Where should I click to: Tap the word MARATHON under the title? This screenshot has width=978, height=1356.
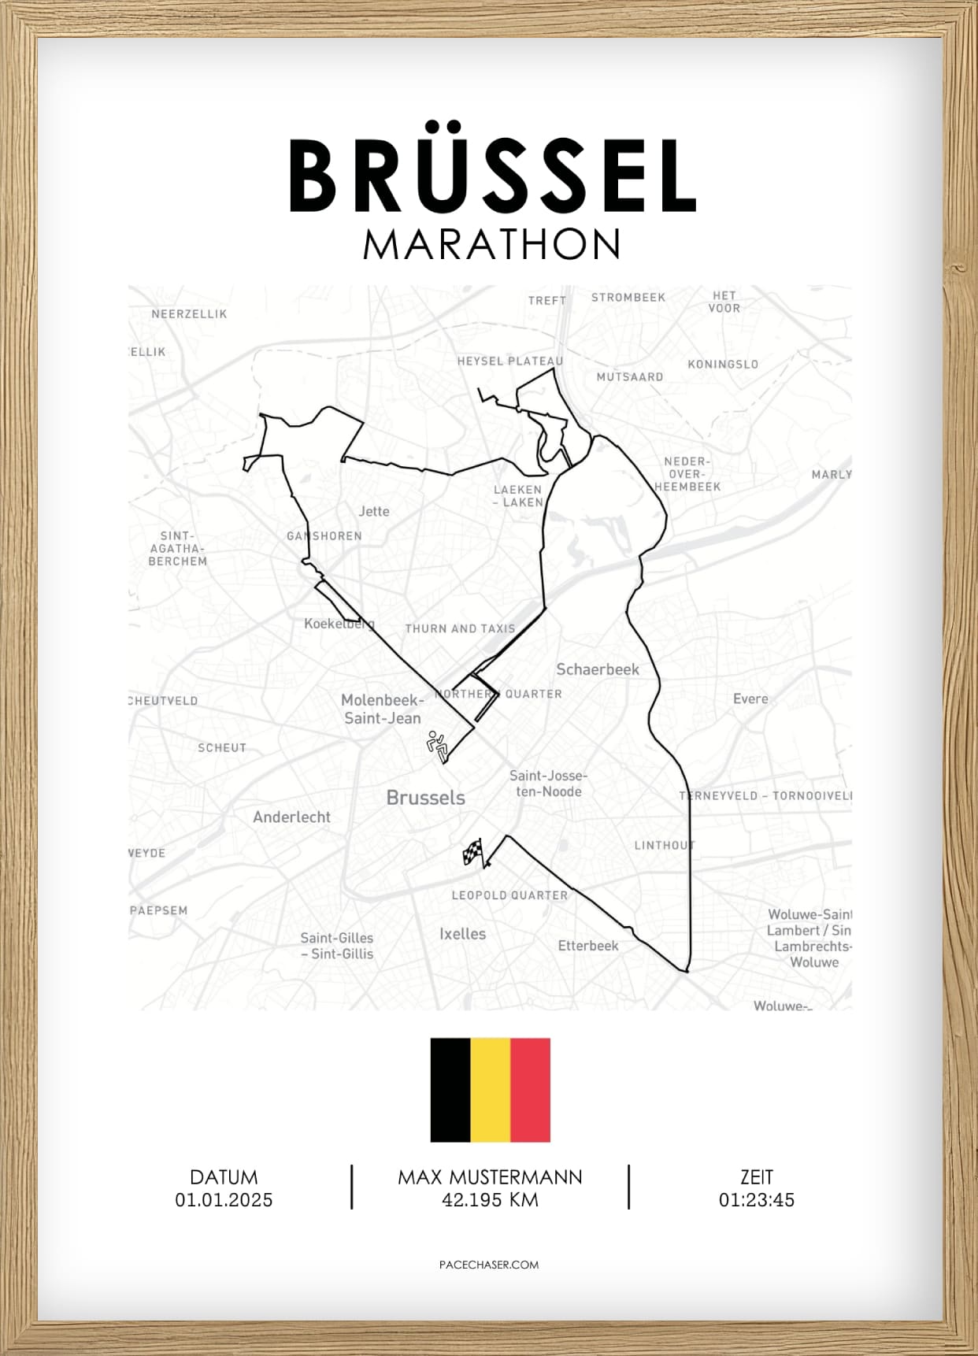point(492,245)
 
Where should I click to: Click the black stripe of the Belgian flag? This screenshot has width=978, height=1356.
point(450,1090)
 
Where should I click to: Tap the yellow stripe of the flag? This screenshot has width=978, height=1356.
point(490,1090)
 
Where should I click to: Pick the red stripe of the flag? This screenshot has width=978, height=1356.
point(530,1090)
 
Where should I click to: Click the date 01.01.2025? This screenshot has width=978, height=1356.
point(224,1200)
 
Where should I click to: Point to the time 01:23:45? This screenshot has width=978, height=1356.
point(756,1200)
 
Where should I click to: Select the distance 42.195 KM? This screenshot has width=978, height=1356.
point(490,1200)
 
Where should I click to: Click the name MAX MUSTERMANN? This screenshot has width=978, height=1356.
point(490,1177)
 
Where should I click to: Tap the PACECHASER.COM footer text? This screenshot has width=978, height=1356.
point(489,1265)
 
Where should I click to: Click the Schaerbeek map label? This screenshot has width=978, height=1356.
point(598,669)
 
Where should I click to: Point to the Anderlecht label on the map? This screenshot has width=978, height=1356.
point(291,817)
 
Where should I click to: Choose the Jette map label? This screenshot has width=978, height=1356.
point(374,511)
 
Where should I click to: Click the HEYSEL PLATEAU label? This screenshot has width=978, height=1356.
point(510,361)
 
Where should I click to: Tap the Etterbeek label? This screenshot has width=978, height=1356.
point(588,946)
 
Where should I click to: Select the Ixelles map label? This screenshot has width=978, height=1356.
point(462,934)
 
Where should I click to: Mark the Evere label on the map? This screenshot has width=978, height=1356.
point(750,698)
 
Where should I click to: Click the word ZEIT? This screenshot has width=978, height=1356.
point(756,1177)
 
